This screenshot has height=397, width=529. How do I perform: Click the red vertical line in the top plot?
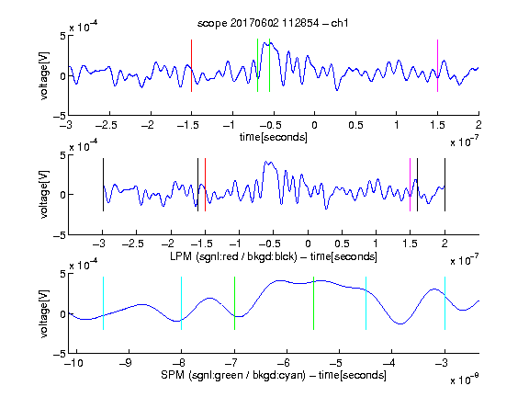(191, 65)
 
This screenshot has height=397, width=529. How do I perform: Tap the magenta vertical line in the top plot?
(437, 65)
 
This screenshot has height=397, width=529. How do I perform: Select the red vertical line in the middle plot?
(205, 185)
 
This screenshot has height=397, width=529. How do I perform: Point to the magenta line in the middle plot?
(410, 185)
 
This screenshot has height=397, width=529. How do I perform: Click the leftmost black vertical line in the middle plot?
(103, 185)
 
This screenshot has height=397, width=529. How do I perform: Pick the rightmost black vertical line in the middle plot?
(445, 185)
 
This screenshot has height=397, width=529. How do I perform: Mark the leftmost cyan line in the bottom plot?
(103, 303)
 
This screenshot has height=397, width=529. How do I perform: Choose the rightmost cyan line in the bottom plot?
(445, 303)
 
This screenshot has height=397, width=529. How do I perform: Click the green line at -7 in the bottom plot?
(234, 303)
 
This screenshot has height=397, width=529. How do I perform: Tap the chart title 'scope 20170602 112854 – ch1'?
(273, 23)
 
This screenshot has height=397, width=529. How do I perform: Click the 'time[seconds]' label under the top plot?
(274, 137)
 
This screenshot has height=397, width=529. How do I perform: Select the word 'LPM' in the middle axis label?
(181, 256)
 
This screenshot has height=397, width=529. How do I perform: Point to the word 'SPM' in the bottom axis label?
(173, 375)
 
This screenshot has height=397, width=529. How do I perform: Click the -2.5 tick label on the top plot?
(106, 125)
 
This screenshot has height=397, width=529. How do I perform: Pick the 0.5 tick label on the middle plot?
(342, 244)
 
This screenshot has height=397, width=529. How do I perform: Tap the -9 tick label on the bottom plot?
(126, 363)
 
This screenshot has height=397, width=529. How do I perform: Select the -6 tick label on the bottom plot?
(283, 363)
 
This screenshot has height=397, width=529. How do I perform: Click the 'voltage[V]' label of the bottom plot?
(44, 313)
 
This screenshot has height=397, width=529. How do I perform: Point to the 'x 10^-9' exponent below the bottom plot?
(464, 380)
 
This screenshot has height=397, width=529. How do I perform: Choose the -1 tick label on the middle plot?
(236, 244)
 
